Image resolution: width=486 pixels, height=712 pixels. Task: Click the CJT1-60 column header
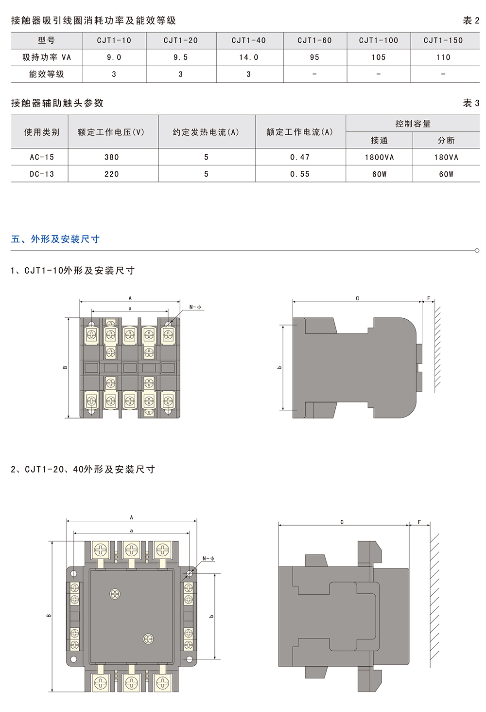pos(314,40)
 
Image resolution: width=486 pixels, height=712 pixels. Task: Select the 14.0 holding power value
pos(248,57)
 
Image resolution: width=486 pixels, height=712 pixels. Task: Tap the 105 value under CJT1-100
pos(379,57)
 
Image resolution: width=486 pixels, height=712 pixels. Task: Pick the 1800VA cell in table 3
pos(379,157)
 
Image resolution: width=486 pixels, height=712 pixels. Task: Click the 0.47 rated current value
pos(300,157)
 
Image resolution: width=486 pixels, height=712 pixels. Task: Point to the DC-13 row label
pos(42,174)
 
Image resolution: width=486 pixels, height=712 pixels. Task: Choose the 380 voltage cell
pos(112,157)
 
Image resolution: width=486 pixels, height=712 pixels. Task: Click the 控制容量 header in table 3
pos(413,124)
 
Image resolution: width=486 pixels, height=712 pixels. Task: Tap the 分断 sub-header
pos(446,141)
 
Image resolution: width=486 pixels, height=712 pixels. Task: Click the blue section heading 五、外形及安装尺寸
pos(55,239)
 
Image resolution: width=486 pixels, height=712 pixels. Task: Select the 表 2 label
pos(471,20)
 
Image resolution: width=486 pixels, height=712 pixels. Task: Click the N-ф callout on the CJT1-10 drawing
pos(195,307)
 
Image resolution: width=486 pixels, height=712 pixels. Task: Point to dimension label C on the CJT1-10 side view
pos(357,298)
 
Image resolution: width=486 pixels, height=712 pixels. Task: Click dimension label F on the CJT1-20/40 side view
pos(419,522)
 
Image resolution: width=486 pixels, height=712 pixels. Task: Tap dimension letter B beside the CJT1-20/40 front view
pos(49,615)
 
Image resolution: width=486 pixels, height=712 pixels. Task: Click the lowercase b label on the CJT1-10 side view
pos(279,367)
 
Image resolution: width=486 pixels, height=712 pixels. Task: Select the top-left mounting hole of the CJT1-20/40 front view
pos(74,573)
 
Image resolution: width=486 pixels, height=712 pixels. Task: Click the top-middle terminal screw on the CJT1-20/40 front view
pos(131,549)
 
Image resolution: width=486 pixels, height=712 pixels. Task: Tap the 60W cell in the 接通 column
pos(379,174)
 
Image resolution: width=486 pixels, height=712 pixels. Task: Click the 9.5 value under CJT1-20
pos(181,57)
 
